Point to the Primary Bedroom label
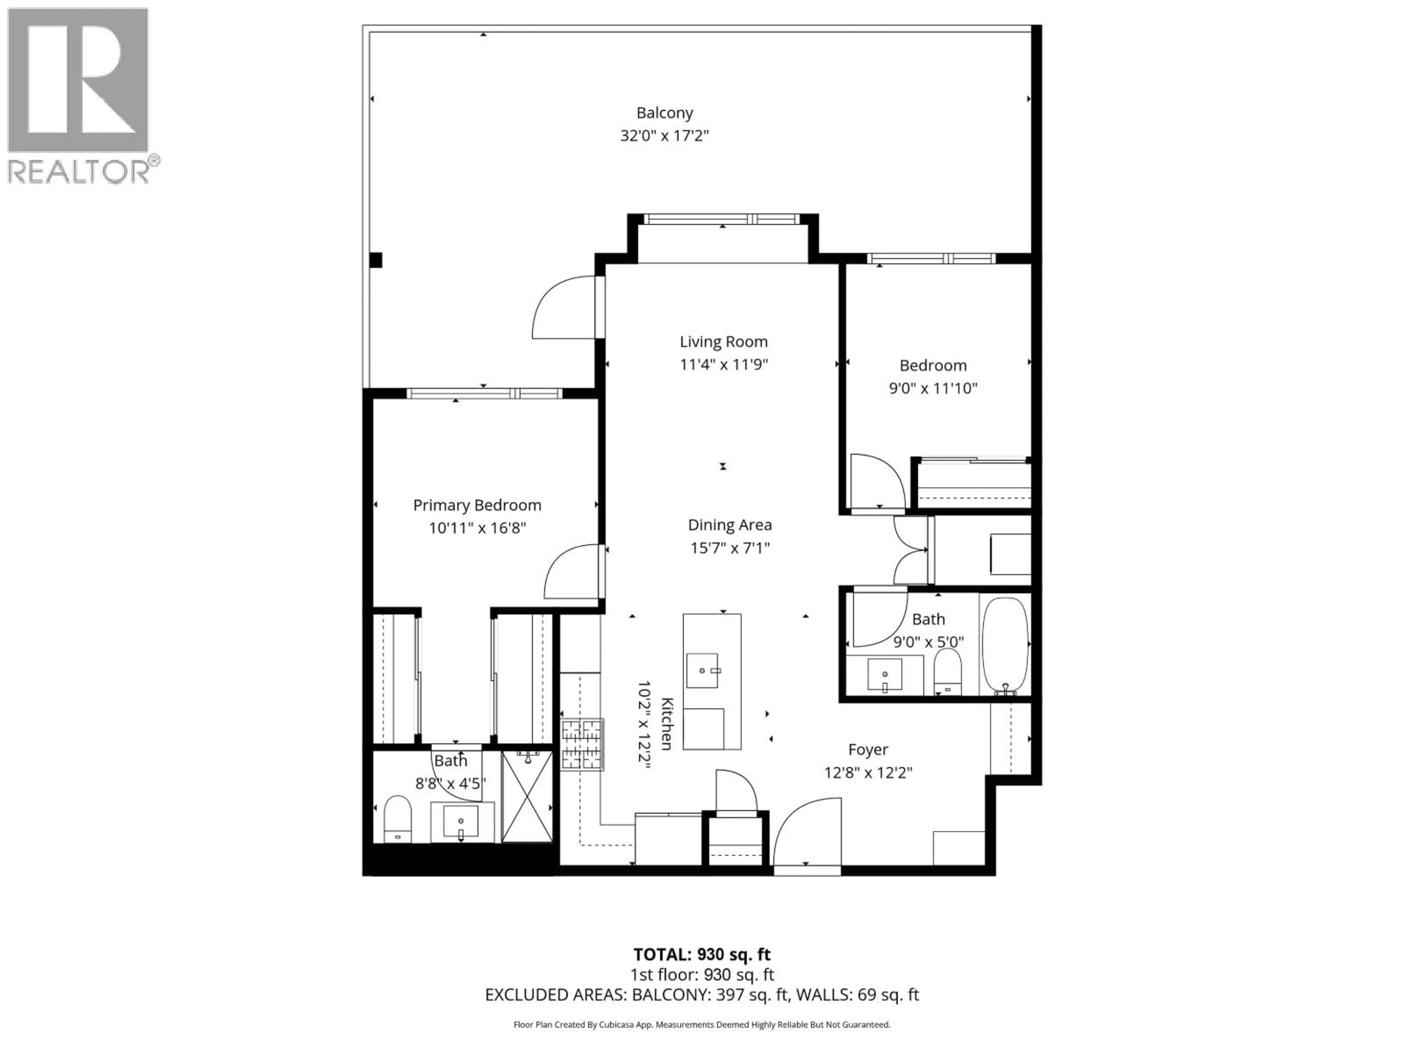[x=477, y=505]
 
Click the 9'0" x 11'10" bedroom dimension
[x=932, y=388]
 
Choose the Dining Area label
[x=730, y=525]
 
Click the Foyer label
[x=868, y=750]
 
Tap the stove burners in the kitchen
[x=581, y=744]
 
